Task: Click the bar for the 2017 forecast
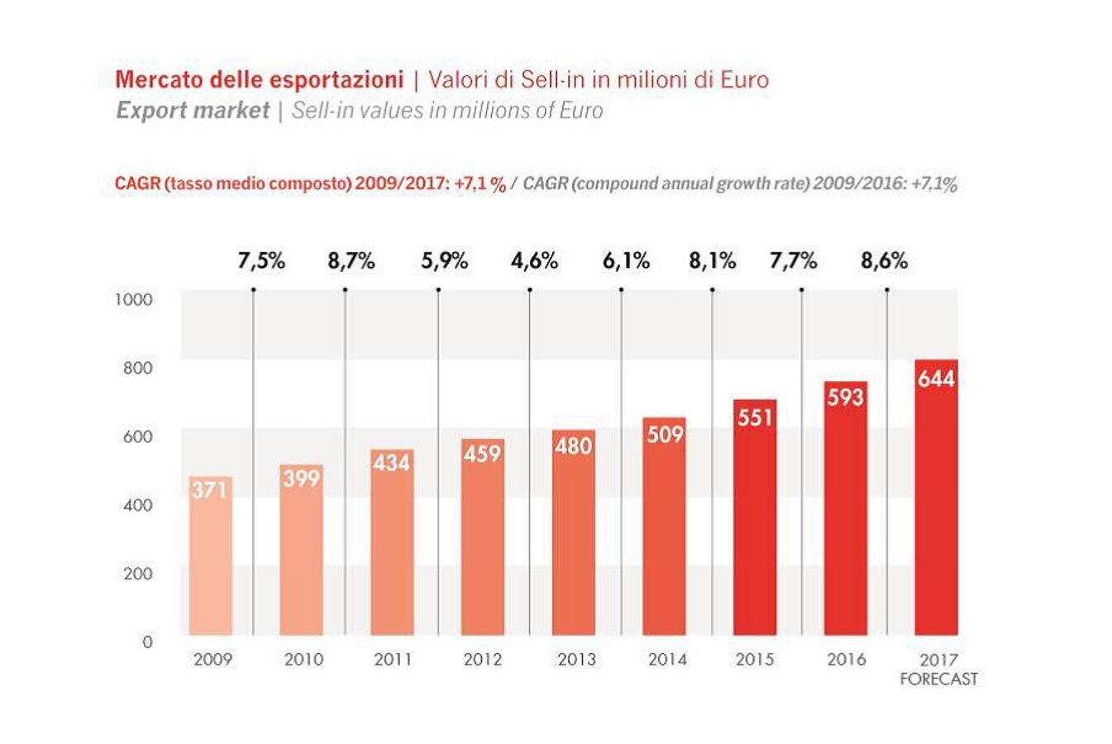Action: pyautogui.click(x=936, y=504)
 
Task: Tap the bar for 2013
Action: pyautogui.click(x=573, y=537)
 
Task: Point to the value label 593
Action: pyautogui.click(x=845, y=397)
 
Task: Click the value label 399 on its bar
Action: pyautogui.click(x=301, y=478)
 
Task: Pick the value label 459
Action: pyautogui.click(x=482, y=453)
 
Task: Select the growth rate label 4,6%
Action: pyautogui.click(x=534, y=261)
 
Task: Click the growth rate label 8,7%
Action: pyautogui.click(x=351, y=261)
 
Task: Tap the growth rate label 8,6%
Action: pyautogui.click(x=884, y=261)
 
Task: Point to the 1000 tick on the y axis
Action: pyautogui.click(x=133, y=299)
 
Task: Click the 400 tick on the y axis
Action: pyautogui.click(x=138, y=504)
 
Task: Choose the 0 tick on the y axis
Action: pyautogui.click(x=147, y=641)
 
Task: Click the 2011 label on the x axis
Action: pyautogui.click(x=393, y=659)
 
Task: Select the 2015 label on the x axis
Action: pyautogui.click(x=754, y=659)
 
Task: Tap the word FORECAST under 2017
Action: pyautogui.click(x=938, y=679)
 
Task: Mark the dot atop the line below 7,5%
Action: pyautogui.click(x=253, y=289)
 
